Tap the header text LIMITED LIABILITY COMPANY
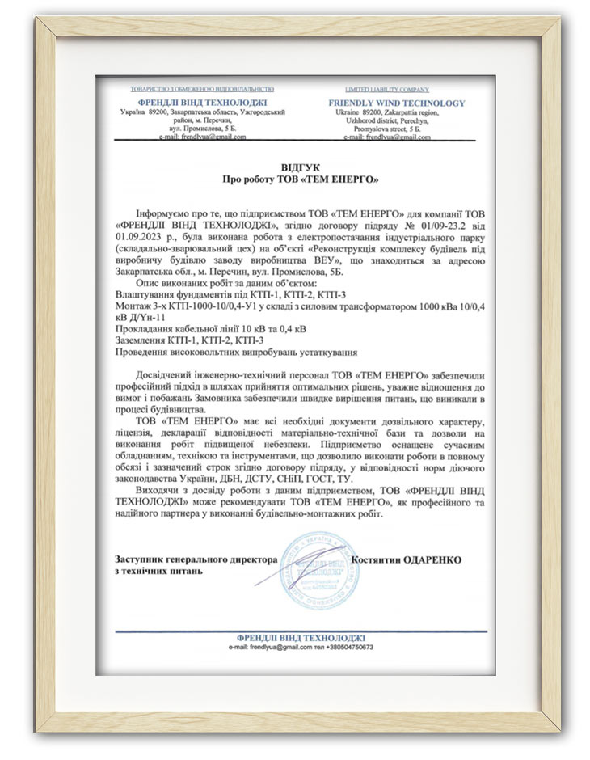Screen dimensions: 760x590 pos(387,89)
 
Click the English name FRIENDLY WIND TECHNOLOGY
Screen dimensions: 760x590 pos(397,103)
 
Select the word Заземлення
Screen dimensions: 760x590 pos(146,343)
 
